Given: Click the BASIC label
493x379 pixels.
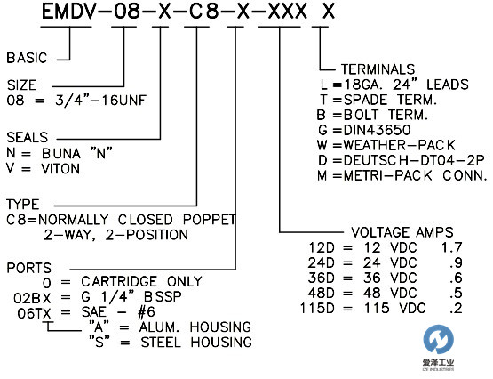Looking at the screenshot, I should coord(27,59).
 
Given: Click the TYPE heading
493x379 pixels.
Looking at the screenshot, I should coord(21,205).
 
